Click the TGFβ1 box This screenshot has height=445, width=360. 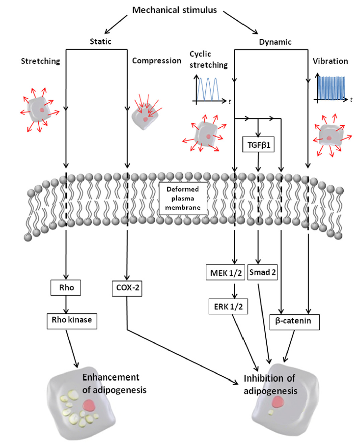coord(258,144)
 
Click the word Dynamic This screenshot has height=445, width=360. coord(276,42)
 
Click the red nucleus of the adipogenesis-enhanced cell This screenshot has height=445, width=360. coord(89,405)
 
